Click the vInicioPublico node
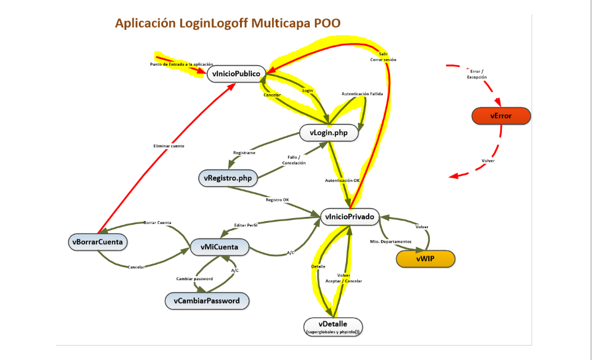(235, 74)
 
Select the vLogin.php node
(329, 133)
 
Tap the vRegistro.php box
(227, 178)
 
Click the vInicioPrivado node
(350, 218)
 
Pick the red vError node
(500, 116)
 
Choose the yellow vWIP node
(425, 259)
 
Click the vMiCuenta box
(219, 246)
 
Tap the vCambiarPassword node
(207, 301)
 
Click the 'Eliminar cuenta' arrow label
(169, 146)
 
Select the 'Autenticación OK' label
(342, 180)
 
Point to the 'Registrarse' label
(244, 153)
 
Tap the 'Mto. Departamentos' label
(391, 241)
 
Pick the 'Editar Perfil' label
(247, 225)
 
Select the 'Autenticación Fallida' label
(362, 94)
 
